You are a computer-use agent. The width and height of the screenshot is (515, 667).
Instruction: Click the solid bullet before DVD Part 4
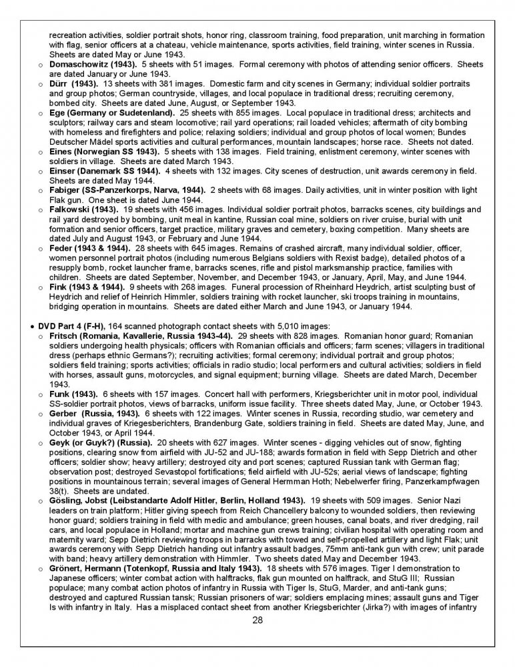click(32, 325)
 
